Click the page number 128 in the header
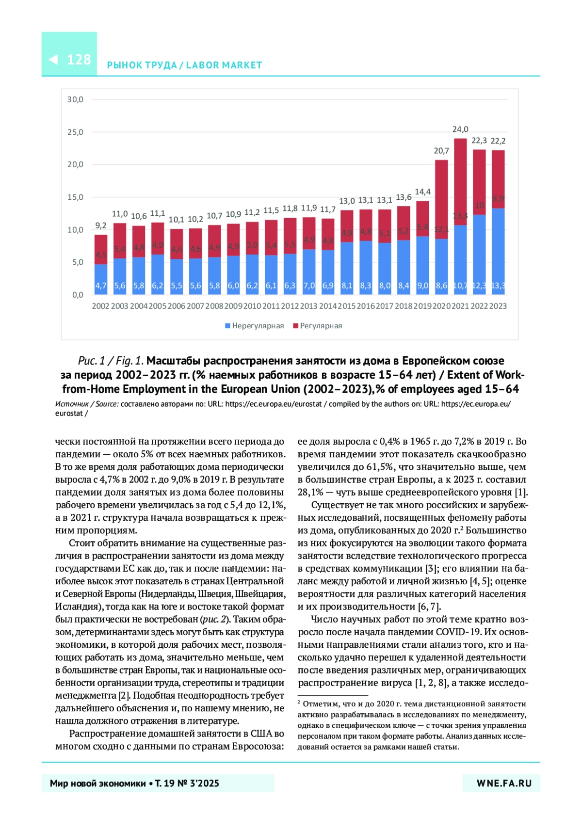79,60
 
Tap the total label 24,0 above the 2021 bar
460,129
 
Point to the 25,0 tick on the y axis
75,132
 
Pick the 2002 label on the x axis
100,306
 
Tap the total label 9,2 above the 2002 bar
100,225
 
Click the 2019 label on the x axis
422,306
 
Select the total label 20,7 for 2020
441,151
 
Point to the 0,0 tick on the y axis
78,295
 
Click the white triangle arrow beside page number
53,60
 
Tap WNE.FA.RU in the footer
504,783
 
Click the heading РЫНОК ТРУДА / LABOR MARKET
184,65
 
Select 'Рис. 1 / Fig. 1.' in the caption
111,361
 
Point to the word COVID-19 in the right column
458,632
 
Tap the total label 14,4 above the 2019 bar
422,192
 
